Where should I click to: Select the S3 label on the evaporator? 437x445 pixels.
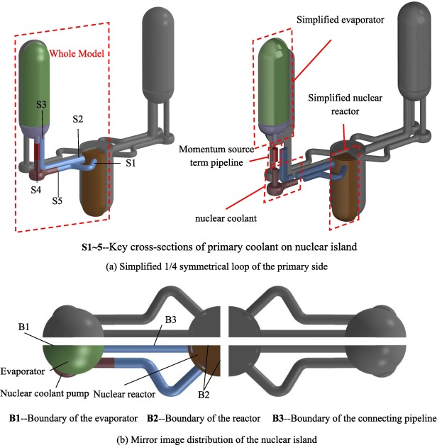coord(43,104)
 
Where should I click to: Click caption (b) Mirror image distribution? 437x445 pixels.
coord(218,436)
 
